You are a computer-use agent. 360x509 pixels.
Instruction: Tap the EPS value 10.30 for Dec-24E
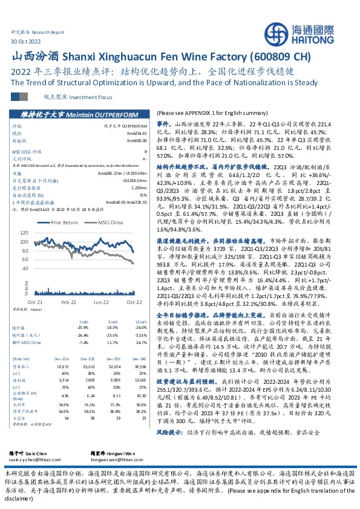click(140, 395)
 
